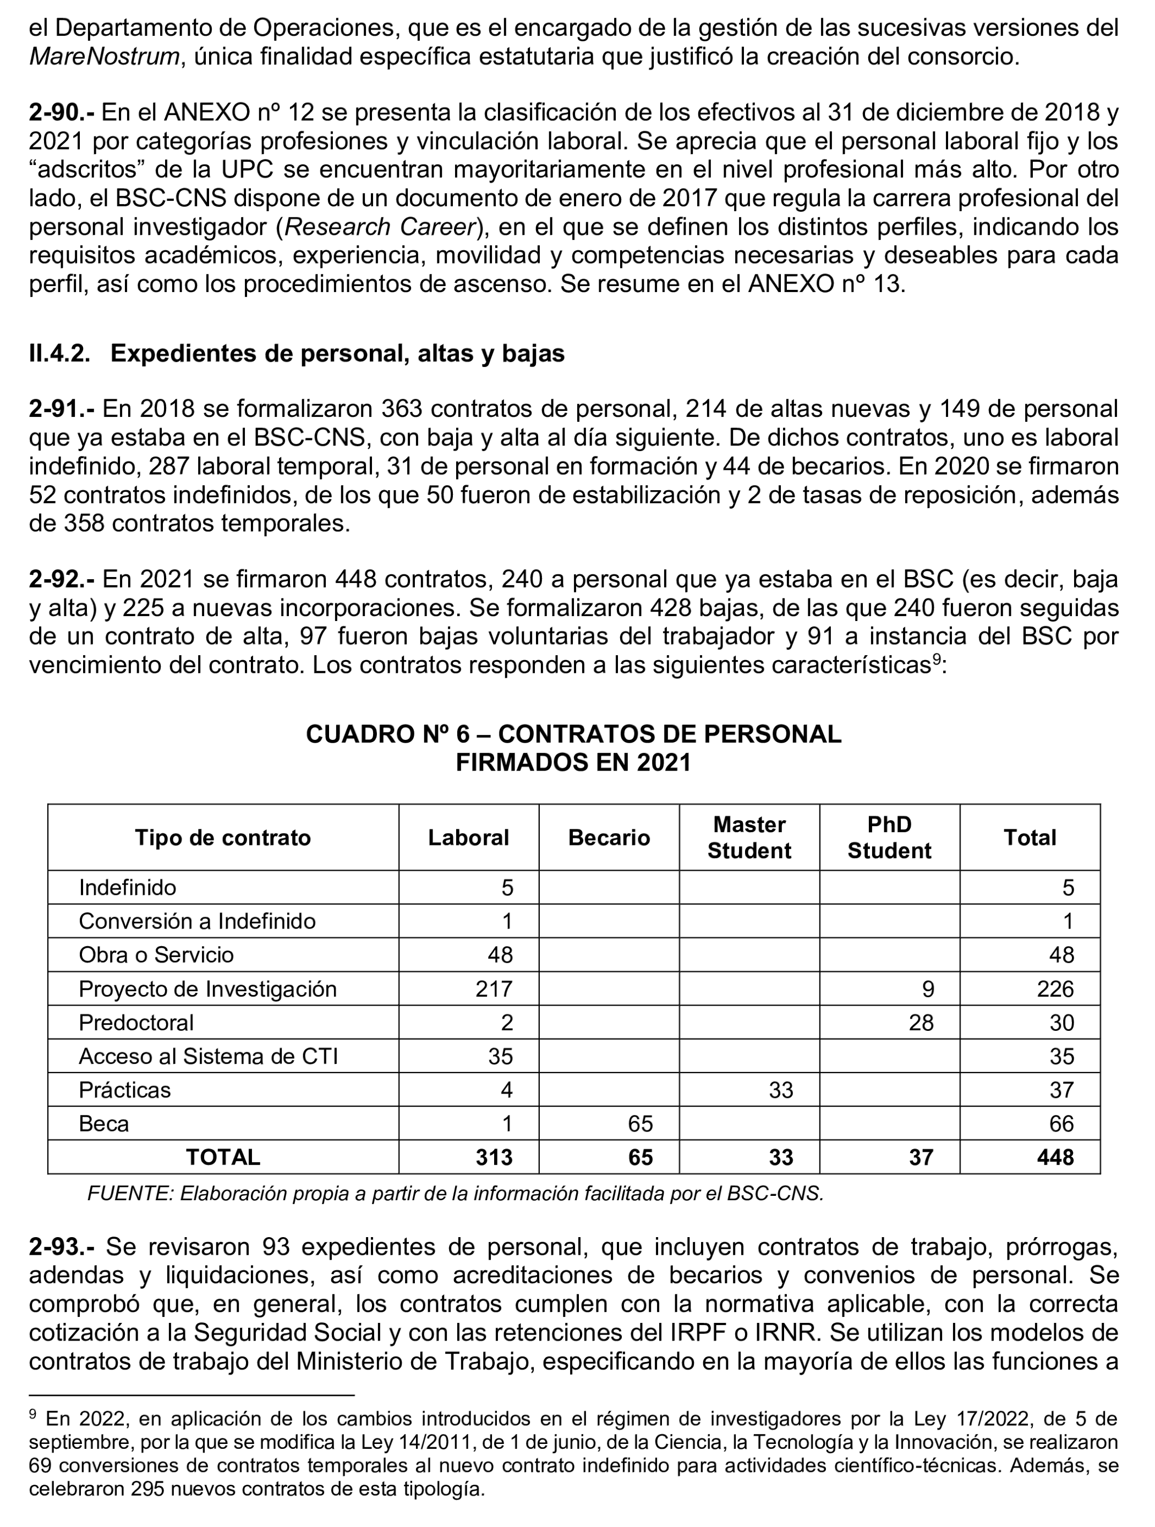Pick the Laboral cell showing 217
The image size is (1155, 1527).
(494, 988)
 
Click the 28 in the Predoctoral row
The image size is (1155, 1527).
(921, 1023)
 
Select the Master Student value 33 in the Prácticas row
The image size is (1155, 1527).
(781, 1090)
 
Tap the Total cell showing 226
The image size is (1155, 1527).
(1055, 988)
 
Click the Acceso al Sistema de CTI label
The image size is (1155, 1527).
(208, 1056)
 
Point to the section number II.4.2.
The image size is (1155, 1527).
(59, 354)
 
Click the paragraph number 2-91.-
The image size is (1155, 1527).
(62, 409)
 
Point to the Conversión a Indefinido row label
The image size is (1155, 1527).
(197, 921)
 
